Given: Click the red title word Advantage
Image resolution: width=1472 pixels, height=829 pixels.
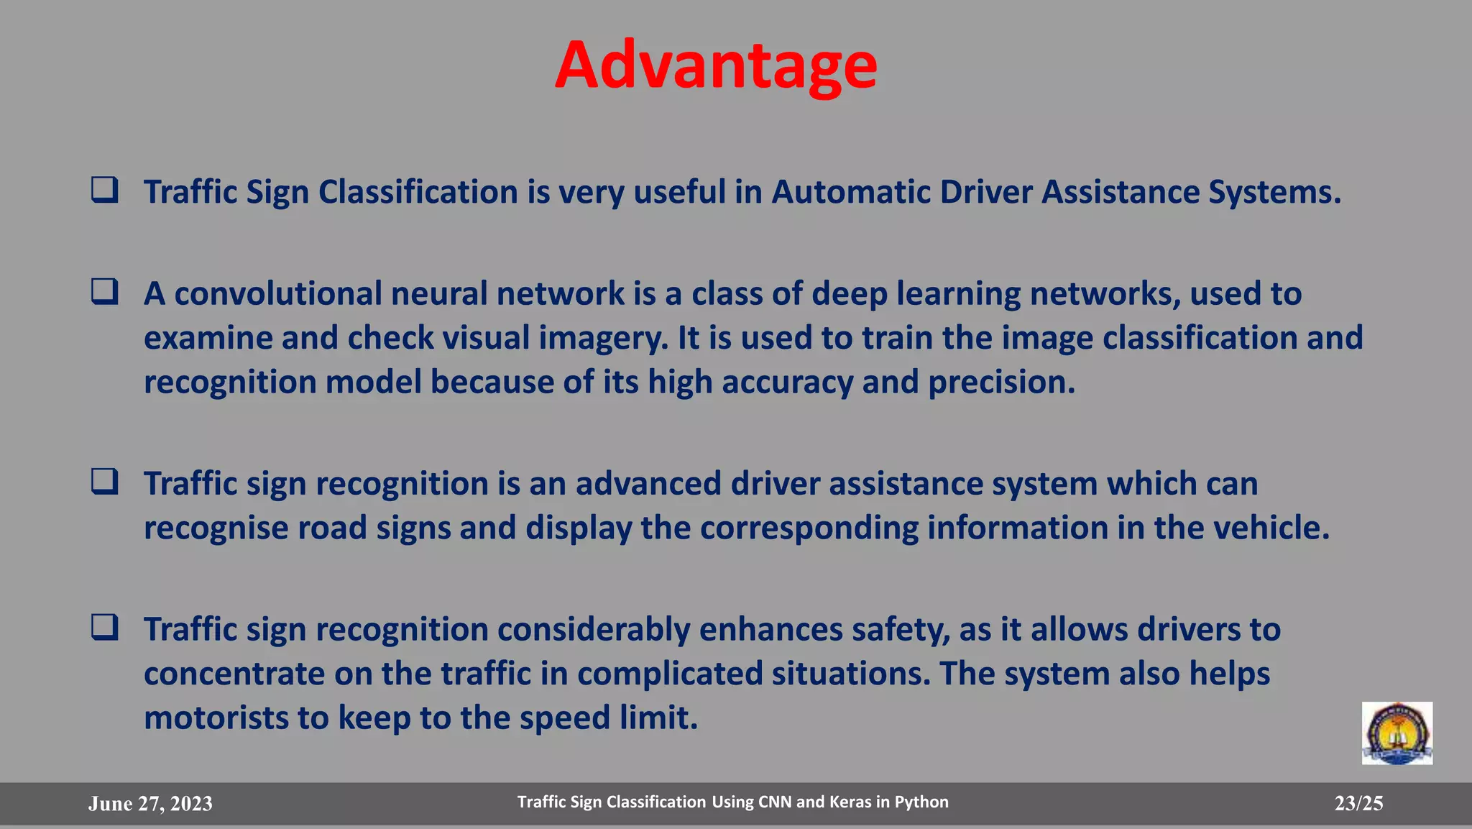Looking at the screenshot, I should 716,65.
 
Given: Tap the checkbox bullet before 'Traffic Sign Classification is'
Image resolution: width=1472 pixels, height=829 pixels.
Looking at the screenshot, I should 105,190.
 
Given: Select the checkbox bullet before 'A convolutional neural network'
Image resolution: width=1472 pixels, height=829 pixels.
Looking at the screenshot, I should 105,291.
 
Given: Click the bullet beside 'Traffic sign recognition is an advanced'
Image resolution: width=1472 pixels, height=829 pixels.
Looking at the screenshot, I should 105,481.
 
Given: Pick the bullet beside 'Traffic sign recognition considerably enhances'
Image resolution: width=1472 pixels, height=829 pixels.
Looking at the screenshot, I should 105,627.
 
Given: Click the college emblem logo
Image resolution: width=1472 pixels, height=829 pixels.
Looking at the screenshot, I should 1397,733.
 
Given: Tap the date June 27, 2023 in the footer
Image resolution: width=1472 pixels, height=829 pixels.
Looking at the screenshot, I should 150,803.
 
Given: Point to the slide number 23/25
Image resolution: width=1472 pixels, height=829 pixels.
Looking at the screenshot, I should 1358,803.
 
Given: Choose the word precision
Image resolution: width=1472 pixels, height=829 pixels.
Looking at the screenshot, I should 1001,383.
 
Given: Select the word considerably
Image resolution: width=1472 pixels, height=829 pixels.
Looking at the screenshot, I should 594,630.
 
